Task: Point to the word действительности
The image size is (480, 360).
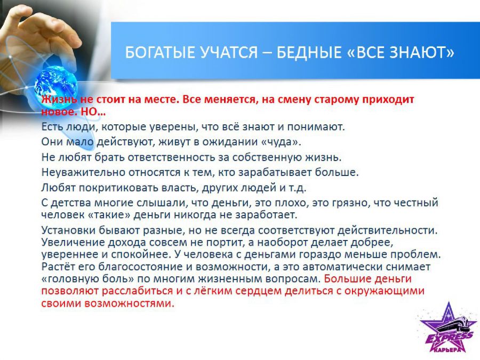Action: click(x=387, y=230)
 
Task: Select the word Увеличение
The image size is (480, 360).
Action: click(x=73, y=243)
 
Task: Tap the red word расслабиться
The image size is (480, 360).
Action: click(x=137, y=291)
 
